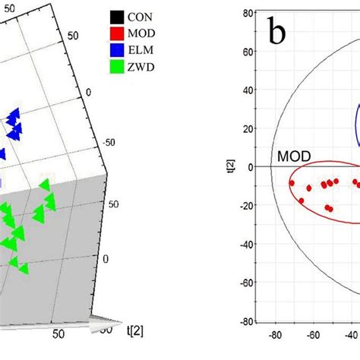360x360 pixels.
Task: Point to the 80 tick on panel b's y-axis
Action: click(x=247, y=13)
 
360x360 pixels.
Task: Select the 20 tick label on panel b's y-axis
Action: click(x=247, y=128)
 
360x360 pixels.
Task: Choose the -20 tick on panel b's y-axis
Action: click(x=245, y=205)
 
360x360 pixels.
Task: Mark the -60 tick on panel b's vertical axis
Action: click(x=245, y=283)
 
